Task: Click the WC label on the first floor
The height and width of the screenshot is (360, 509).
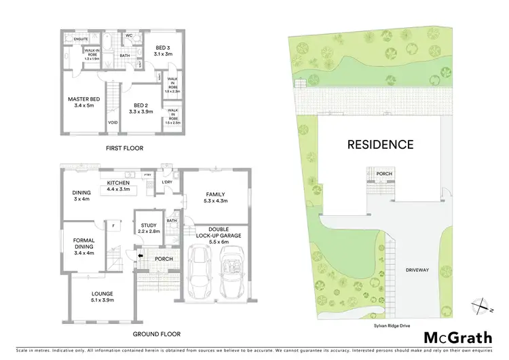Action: (129, 36)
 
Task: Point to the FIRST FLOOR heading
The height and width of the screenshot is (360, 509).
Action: (124, 147)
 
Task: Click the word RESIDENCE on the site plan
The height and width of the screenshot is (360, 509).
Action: (380, 144)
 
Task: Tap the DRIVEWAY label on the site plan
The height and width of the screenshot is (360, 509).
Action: (417, 270)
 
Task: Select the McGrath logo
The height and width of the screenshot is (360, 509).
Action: (459, 338)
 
